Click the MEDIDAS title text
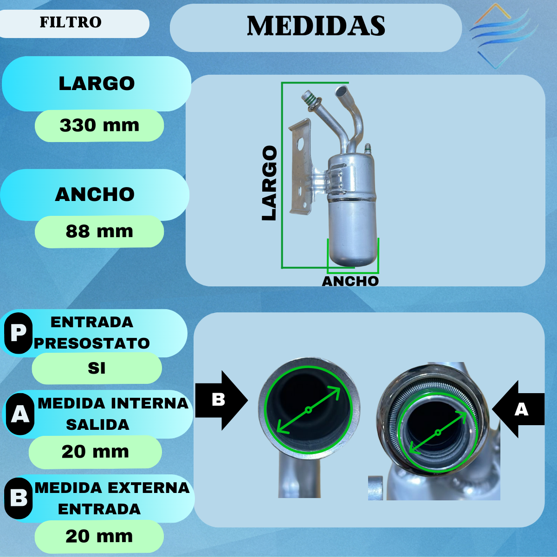click(316, 26)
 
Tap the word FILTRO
click(71, 22)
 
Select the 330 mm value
click(99, 125)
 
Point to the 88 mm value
click(99, 231)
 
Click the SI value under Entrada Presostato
click(97, 368)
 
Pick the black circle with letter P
click(18, 333)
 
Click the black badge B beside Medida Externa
click(19, 498)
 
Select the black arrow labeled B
click(221, 400)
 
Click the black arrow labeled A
click(519, 409)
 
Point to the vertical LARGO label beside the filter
click(269, 183)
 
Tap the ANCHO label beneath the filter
click(350, 281)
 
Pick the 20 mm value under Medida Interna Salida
click(95, 452)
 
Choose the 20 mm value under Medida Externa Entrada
click(99, 536)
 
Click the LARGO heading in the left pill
click(97, 84)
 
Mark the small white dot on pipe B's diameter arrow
click(308, 410)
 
